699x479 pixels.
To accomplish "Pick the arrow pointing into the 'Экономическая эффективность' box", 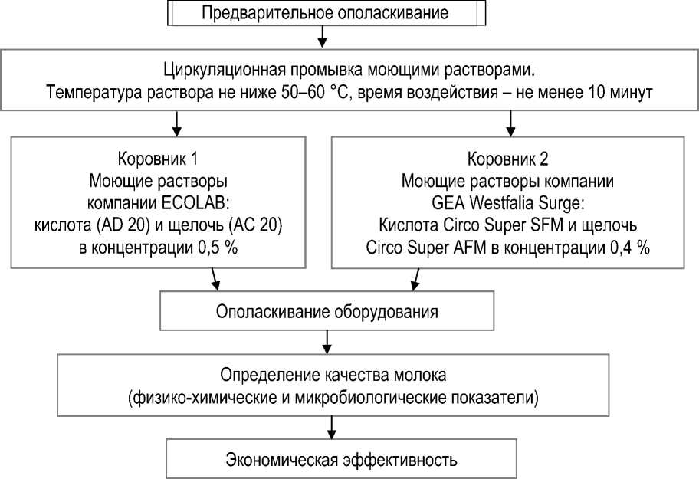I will pyautogui.click(x=331, y=428).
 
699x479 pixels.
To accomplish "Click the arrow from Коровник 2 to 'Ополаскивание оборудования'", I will pyautogui.click(x=415, y=281).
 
